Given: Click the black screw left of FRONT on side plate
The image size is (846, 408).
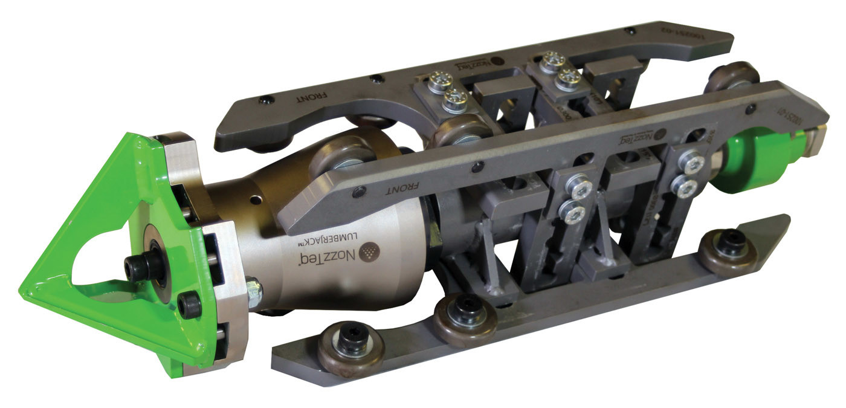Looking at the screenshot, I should (361, 192).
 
